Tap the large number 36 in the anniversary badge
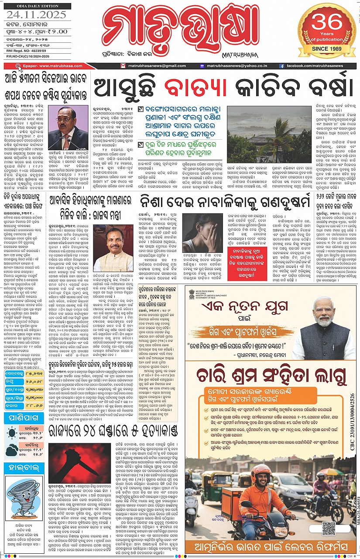pos(327,21)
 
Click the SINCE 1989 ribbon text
pos(327,48)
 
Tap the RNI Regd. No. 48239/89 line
pos(30,50)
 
